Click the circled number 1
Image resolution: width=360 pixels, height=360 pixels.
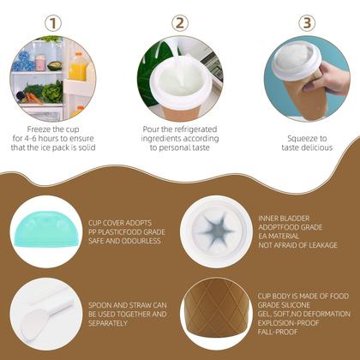click(x=53, y=23)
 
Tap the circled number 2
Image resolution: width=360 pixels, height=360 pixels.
click(x=180, y=23)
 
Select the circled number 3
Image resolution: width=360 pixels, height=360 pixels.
click(x=307, y=23)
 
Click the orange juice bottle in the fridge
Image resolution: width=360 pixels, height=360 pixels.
click(x=77, y=67)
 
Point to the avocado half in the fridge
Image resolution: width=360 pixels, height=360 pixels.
click(x=54, y=66)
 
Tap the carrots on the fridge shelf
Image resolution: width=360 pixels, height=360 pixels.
click(x=33, y=98)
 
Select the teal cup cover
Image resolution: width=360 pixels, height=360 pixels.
click(x=46, y=229)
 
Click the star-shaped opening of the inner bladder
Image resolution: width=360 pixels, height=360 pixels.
click(x=217, y=231)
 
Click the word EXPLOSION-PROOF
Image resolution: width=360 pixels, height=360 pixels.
click(x=288, y=323)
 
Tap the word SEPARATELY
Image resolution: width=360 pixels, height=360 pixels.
click(x=108, y=323)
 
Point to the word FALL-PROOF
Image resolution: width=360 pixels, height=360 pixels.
click(x=278, y=332)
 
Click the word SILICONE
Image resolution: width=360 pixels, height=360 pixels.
click(x=297, y=305)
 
